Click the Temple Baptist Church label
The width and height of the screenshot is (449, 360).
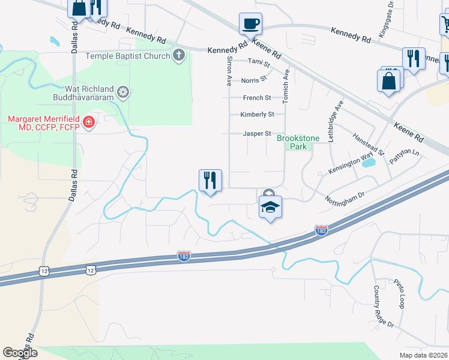coord(128,56)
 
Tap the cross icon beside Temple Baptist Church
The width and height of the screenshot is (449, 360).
coord(178,56)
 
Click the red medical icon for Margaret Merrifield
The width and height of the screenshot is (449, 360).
coord(88,123)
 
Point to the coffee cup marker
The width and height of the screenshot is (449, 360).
coord(250,25)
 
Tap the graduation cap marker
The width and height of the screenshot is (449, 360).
coord(270,207)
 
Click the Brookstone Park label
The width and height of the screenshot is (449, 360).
coord(292,142)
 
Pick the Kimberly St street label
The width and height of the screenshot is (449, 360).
coord(257,114)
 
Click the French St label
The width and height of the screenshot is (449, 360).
coord(257,98)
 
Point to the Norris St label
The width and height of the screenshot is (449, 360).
coord(254,80)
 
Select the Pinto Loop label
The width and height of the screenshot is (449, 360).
coord(400,294)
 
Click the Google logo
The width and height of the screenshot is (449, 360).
coord(20,352)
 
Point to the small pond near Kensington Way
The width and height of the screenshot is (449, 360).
coord(369,162)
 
